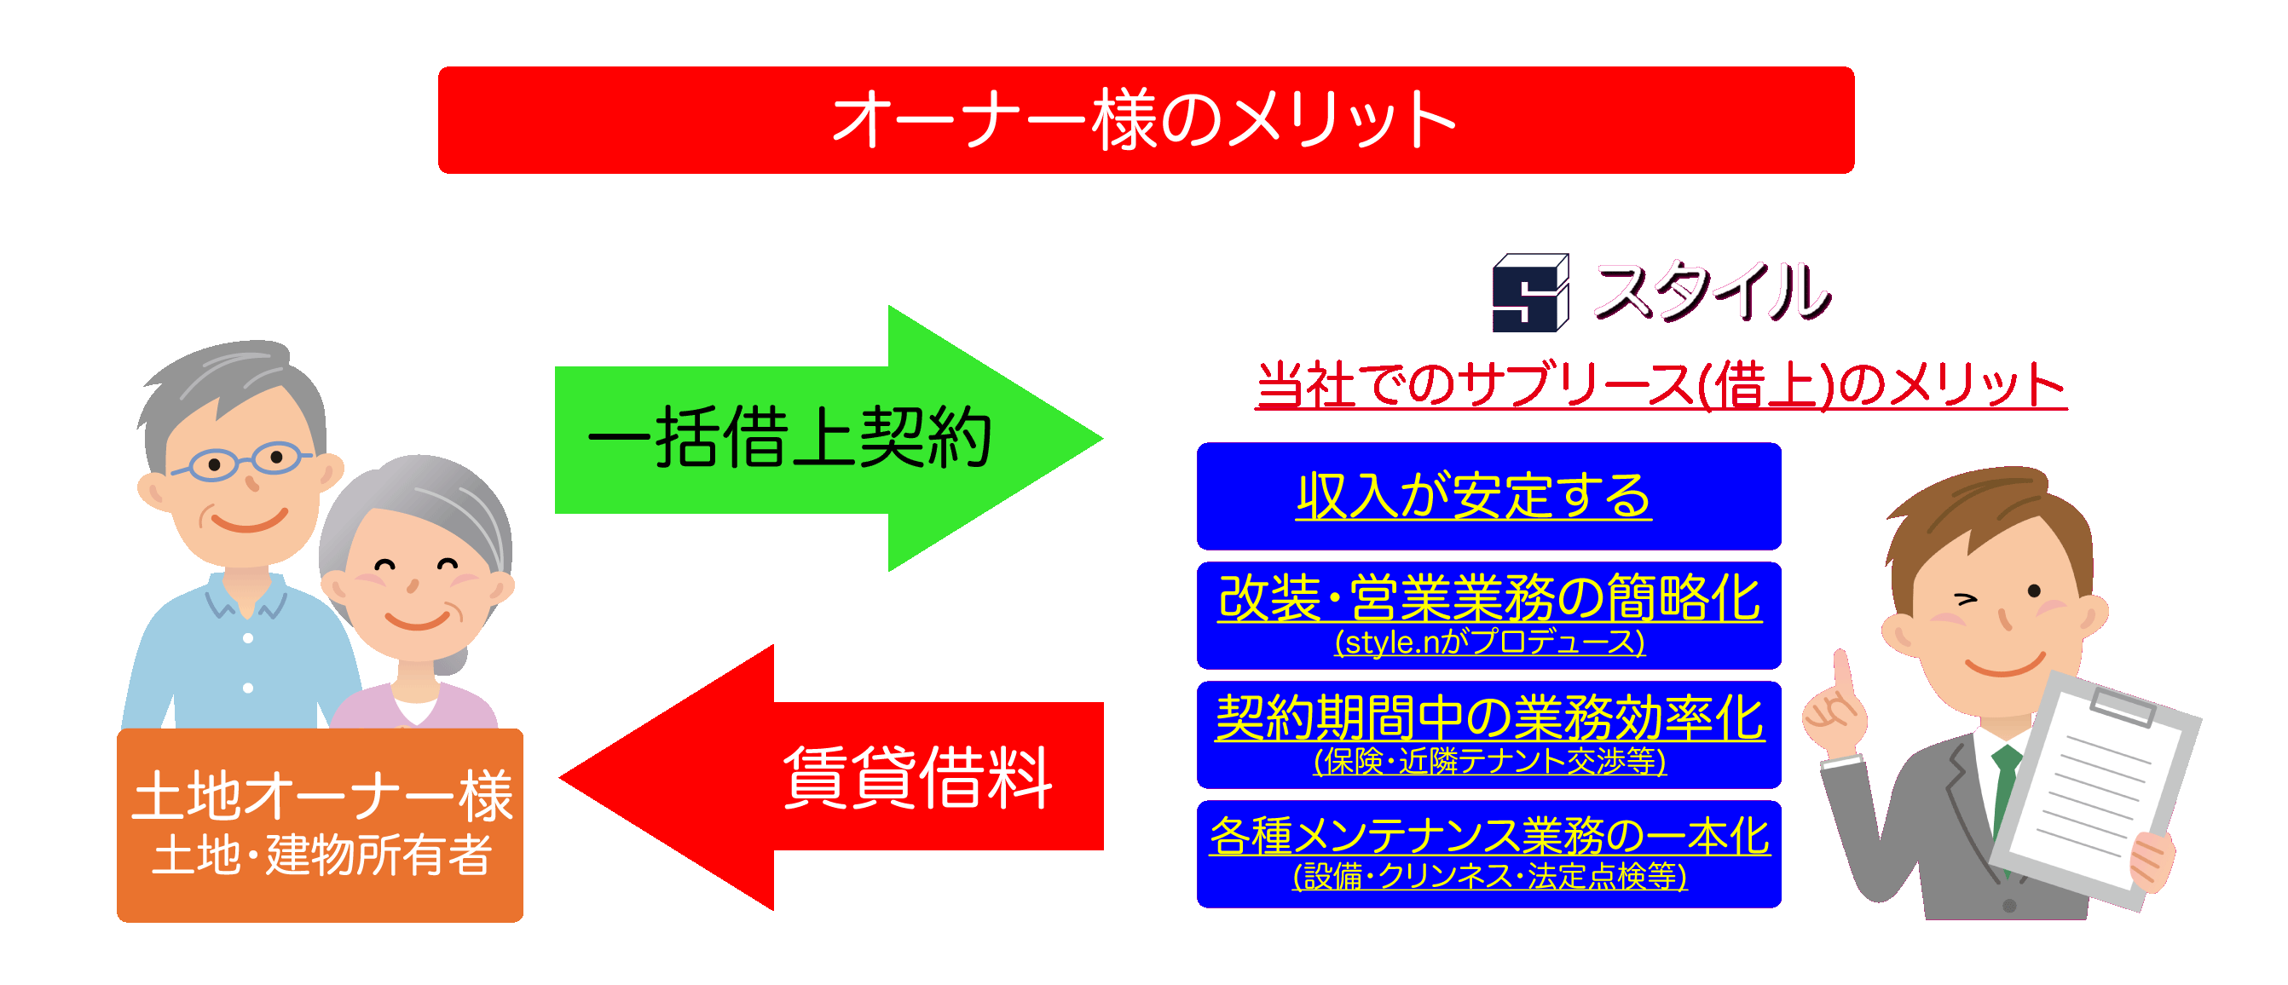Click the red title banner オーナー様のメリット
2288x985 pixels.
pos(1146,120)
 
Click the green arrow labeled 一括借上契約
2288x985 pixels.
pos(829,439)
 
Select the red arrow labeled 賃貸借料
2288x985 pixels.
pos(831,777)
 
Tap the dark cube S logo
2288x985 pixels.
pos(1530,293)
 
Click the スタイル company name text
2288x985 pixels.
pos(1713,291)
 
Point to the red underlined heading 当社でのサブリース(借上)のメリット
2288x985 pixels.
pos(1661,385)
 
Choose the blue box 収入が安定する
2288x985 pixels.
pos(1488,497)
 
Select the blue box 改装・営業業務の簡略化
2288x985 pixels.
pos(1488,615)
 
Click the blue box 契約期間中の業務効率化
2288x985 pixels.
pos(1488,734)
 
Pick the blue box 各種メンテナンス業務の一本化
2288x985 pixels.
pos(1488,855)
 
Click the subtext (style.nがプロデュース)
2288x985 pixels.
pos(1489,642)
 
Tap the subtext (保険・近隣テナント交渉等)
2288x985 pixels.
pos(1489,761)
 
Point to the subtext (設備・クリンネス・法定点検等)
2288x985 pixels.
pos(1489,877)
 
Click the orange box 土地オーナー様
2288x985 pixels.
pos(320,825)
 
